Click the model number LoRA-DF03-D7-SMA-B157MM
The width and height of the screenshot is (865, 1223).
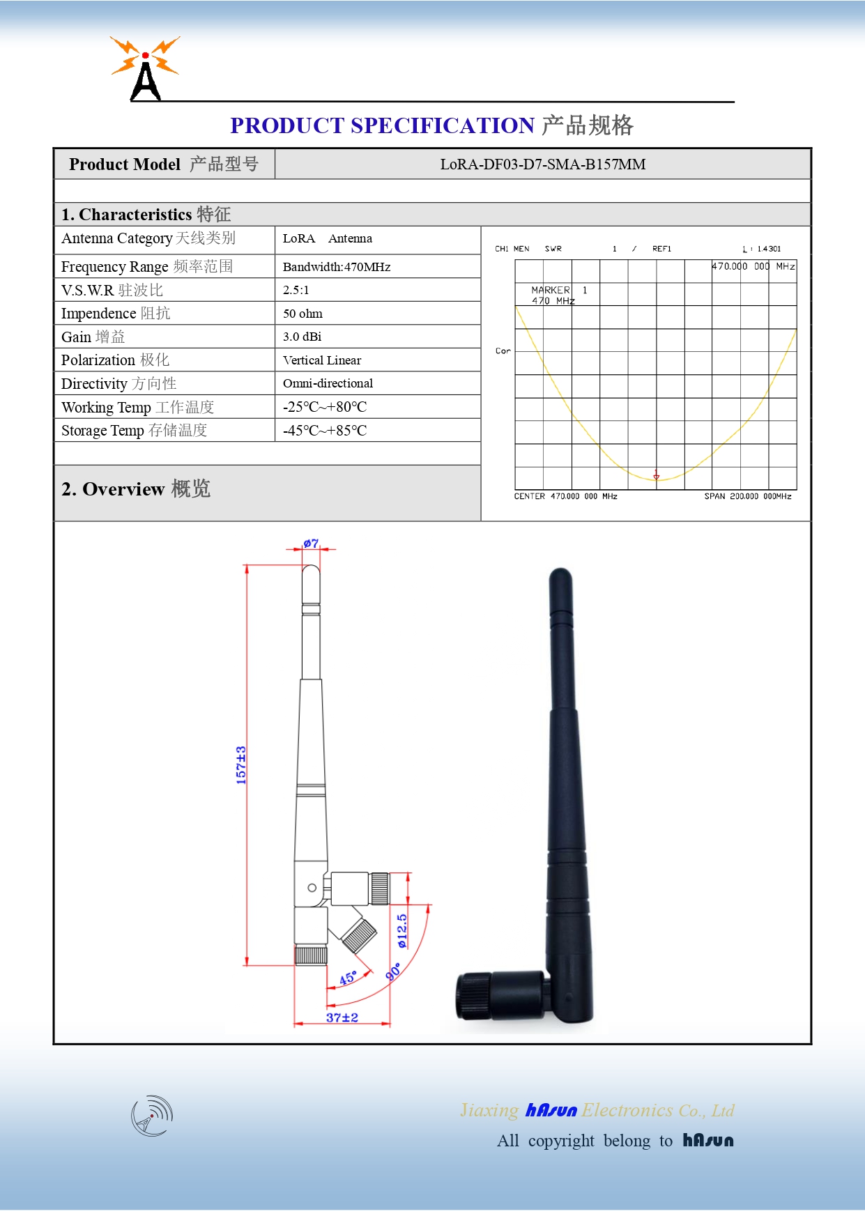pyautogui.click(x=542, y=164)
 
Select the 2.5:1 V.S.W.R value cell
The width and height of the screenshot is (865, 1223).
pyautogui.click(x=296, y=290)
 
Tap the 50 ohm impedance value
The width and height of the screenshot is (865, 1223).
pyautogui.click(x=303, y=314)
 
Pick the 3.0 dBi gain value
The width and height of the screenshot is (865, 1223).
pyautogui.click(x=302, y=337)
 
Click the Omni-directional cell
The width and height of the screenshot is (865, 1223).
pyautogui.click(x=328, y=383)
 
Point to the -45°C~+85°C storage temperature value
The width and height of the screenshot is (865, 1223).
pyautogui.click(x=325, y=431)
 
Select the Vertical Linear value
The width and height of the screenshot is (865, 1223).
pyautogui.click(x=322, y=360)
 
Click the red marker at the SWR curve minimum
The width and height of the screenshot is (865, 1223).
pyautogui.click(x=656, y=475)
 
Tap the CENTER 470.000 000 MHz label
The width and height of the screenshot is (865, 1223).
pyautogui.click(x=565, y=496)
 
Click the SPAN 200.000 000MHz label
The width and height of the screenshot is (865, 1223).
pyautogui.click(x=747, y=496)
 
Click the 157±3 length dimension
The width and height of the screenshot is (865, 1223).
pyautogui.click(x=241, y=765)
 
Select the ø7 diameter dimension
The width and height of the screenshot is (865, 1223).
pyautogui.click(x=311, y=544)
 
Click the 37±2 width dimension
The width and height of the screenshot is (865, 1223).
pyautogui.click(x=342, y=1017)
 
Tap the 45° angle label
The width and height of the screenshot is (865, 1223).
pyautogui.click(x=348, y=978)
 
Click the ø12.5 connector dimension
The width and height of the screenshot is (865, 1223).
pyautogui.click(x=402, y=931)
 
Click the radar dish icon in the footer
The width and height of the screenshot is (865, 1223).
pyautogui.click(x=152, y=1116)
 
